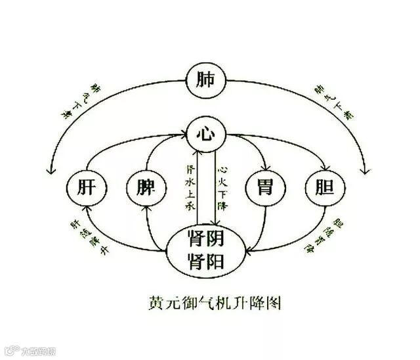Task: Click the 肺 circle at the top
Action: pos(205,81)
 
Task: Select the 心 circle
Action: pos(205,135)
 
